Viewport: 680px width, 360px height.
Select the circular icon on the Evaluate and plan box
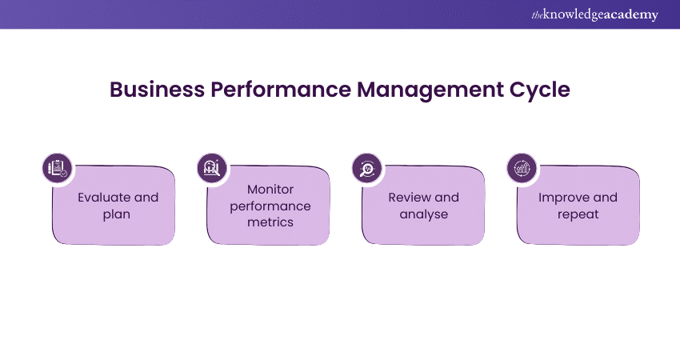[x=57, y=168]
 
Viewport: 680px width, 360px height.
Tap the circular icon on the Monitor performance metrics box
[x=212, y=168]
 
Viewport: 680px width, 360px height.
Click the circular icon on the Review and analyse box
[x=367, y=168]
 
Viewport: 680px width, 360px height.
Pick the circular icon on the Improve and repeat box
[x=522, y=168]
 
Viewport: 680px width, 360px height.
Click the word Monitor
[x=270, y=190]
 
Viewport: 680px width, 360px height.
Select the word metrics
[x=270, y=222]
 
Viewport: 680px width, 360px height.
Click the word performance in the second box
[x=270, y=206]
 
